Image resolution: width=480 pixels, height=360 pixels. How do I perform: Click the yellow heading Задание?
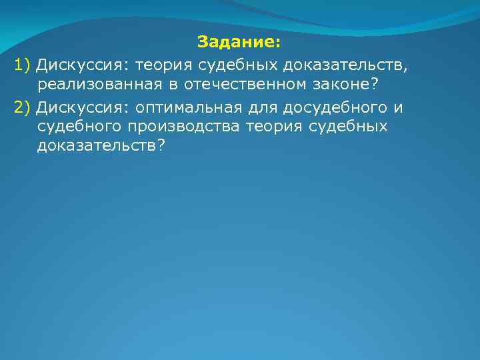click(x=240, y=43)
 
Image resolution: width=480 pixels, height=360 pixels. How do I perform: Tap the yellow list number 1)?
click(x=23, y=65)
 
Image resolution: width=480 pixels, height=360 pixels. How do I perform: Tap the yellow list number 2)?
click(x=23, y=107)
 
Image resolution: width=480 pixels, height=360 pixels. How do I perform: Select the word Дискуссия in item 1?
click(x=82, y=65)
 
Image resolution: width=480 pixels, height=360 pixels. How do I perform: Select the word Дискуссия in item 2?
click(x=82, y=107)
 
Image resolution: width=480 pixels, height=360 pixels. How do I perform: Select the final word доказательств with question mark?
click(x=101, y=149)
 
